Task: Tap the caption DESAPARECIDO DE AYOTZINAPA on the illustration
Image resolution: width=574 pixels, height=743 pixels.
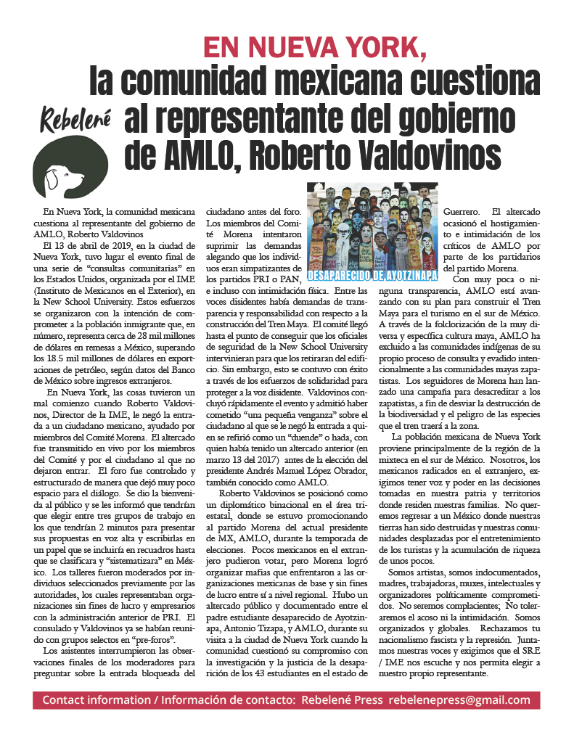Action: pyautogui.click(x=372, y=276)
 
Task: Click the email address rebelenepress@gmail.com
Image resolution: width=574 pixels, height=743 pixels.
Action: pyautogui.click(x=459, y=699)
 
